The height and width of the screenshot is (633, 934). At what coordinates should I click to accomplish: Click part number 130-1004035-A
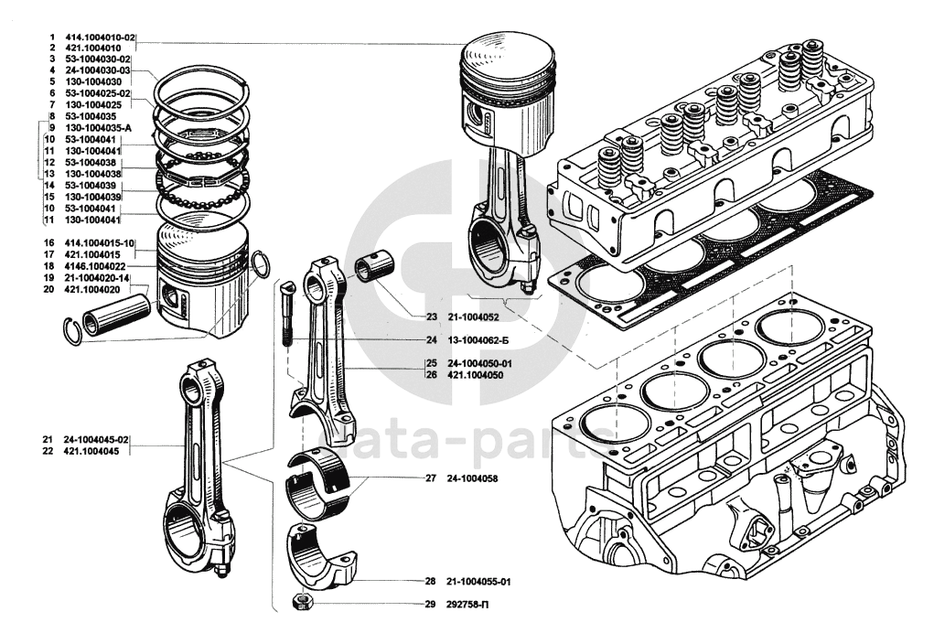coord(99,128)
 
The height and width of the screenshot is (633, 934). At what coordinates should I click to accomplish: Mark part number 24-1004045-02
coord(95,441)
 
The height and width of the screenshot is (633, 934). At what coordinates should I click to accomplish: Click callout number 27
coord(430,478)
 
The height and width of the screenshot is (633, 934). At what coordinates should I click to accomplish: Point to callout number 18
coord(49,266)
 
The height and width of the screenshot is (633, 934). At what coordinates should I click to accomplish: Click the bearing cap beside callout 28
coord(319,558)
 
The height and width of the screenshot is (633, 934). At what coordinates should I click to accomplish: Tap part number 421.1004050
coord(476,375)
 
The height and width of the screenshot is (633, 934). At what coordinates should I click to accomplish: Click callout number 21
coord(47,441)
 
